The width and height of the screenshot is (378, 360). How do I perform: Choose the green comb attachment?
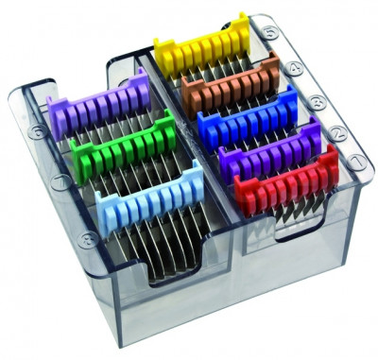click(x=117, y=144)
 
